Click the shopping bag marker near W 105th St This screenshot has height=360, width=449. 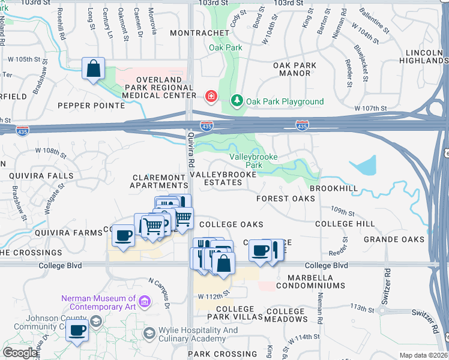coord(94,68)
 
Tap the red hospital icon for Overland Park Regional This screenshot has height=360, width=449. coord(211,96)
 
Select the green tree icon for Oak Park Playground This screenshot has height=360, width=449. coord(238,101)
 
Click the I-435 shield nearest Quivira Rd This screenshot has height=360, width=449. coord(206,126)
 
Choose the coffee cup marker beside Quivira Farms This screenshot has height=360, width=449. coord(124,235)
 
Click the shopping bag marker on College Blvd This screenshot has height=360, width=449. coord(223,263)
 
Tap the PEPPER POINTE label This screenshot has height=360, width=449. coord(91,106)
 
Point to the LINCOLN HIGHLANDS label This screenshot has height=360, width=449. coord(423,57)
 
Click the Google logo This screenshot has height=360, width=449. coord(20,353)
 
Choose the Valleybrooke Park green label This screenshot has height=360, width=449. coord(246,161)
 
